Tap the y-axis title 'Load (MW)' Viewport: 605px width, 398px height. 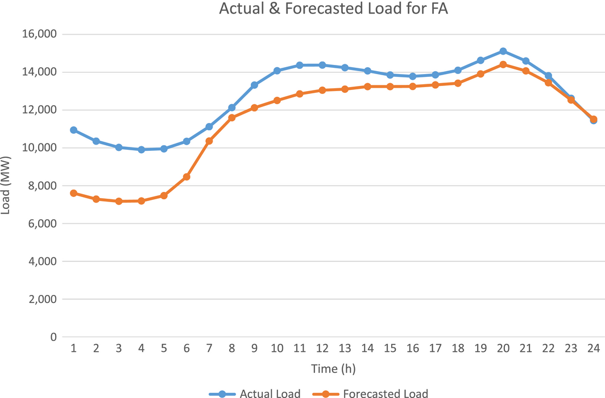coord(6,186)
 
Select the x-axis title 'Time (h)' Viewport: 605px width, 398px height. coord(333,369)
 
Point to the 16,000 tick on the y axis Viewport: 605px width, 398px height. coord(40,34)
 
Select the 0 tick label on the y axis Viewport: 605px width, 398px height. coord(53,337)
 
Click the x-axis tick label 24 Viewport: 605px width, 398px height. coord(593,348)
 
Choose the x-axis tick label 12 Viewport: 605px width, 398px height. coord(322,348)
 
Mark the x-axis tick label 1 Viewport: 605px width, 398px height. coord(73,348)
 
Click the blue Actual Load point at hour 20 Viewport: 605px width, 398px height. coord(503,51)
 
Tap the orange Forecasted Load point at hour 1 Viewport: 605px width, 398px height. coord(73,193)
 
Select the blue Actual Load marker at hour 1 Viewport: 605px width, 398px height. coord(73,130)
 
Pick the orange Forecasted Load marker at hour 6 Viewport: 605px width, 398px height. coord(187,177)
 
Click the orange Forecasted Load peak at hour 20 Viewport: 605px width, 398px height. coord(503,64)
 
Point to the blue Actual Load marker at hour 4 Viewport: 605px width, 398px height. coord(141,150)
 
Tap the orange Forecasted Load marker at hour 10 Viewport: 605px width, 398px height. coord(277,100)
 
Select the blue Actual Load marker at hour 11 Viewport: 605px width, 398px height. coord(300,65)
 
